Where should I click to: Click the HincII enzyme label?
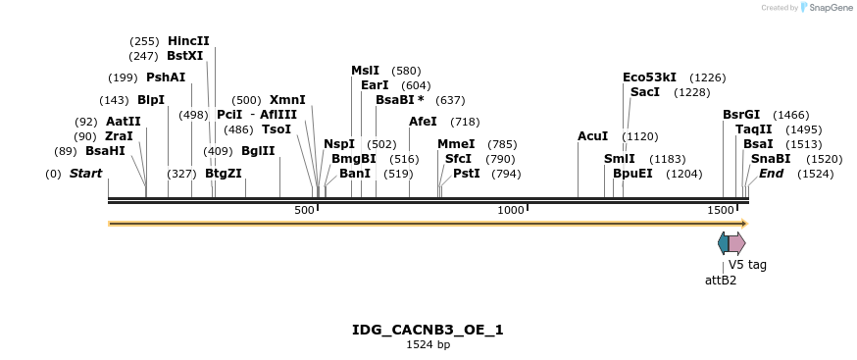click(188, 41)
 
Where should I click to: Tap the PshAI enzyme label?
click(165, 77)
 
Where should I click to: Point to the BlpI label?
click(151, 100)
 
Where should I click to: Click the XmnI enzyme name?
click(287, 100)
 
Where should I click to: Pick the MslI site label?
click(365, 71)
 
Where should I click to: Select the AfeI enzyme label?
click(423, 122)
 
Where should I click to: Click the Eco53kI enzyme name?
click(649, 77)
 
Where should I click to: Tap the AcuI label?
click(592, 136)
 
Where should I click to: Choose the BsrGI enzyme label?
click(741, 115)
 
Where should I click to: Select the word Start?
click(85, 174)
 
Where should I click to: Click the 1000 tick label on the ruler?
click(511, 210)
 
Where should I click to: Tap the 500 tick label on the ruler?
click(305, 210)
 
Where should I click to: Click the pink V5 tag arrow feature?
click(736, 242)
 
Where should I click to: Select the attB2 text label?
click(721, 280)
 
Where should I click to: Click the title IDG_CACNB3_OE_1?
click(428, 330)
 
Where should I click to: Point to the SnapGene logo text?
click(830, 8)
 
